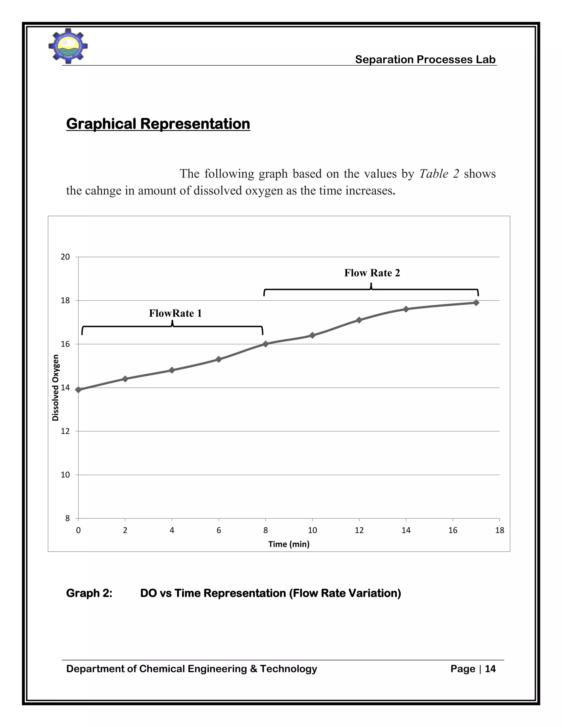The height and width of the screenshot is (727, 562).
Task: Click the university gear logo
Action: [68, 46]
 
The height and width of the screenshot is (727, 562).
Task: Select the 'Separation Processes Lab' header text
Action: [425, 59]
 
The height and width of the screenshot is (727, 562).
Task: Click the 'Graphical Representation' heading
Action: [158, 123]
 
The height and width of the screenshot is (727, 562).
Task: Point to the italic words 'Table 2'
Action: [439, 173]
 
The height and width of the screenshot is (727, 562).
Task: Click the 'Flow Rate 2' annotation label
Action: [372, 273]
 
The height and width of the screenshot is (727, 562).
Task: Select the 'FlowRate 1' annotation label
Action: [175, 313]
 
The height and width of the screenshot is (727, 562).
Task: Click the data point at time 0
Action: [78, 390]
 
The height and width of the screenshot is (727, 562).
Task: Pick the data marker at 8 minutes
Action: [265, 344]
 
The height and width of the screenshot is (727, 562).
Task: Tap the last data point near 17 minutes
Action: [476, 303]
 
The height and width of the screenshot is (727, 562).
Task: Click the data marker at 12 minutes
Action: [359, 320]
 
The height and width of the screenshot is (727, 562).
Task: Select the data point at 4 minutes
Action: [172, 370]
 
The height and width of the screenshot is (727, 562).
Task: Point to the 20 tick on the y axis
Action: [65, 257]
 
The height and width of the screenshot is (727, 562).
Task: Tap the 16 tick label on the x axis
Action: [453, 530]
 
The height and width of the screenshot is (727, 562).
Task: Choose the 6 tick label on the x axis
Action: [219, 530]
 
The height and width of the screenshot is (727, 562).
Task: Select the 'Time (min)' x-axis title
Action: [289, 544]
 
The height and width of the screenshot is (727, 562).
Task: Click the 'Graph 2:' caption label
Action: [89, 593]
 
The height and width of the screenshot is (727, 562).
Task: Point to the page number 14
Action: [490, 669]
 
